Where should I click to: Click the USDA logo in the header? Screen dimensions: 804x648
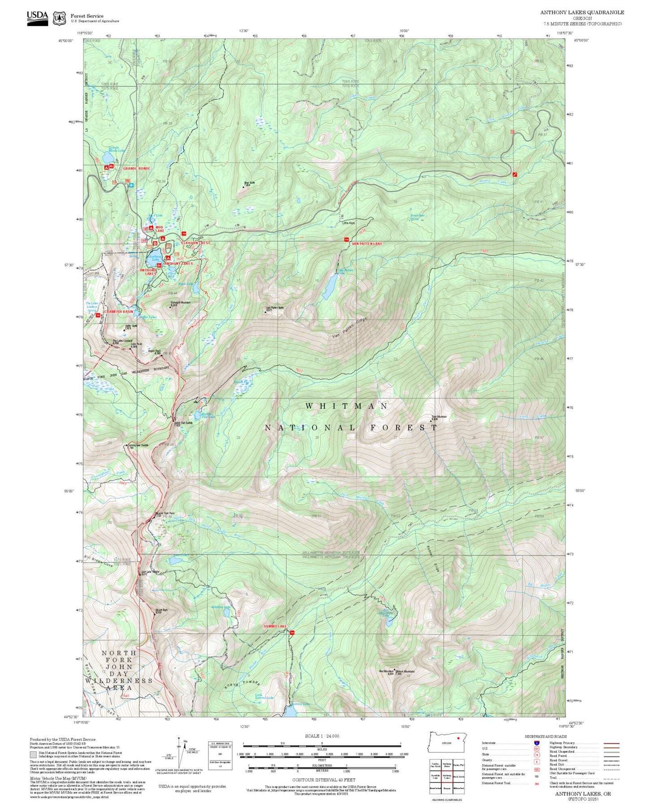coord(37,16)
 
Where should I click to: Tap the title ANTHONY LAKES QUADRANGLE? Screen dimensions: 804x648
coord(582,12)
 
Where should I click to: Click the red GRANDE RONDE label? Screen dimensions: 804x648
coord(136,169)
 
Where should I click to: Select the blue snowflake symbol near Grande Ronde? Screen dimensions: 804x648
coord(131,185)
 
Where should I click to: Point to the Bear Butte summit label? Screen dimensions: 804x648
coord(249,183)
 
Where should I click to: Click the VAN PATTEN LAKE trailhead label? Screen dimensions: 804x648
coord(367,243)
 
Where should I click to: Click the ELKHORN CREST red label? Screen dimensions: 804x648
coord(195,243)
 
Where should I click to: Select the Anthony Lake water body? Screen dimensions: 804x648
coord(152,259)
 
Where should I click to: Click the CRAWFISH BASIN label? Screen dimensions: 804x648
coord(118,311)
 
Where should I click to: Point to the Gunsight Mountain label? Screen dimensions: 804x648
coord(180,303)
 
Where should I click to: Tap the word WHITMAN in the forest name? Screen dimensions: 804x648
coord(347,406)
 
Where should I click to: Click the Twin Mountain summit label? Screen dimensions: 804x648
coord(439,417)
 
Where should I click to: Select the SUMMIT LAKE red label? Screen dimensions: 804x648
coord(275,626)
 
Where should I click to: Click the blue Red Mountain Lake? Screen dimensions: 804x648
coord(391,621)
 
